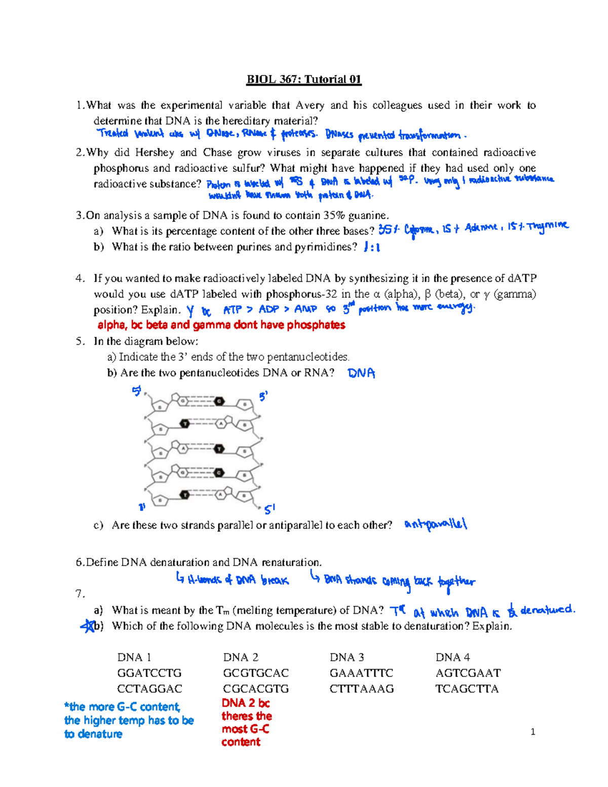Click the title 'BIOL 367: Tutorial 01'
pos(303,79)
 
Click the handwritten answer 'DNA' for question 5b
pos(361,373)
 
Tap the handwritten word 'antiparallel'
pos(436,524)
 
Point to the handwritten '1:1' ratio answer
pos(372,247)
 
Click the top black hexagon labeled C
pos(219,401)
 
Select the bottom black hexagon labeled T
pos(185,495)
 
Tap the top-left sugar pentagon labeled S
pos(161,406)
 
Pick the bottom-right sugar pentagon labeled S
pos(245,500)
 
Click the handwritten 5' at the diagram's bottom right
pos(270,509)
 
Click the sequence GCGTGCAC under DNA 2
pos(255,673)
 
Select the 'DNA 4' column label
pos(452,657)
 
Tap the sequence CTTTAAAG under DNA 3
pos(361,689)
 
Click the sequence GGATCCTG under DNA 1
pos(149,673)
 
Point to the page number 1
pos(533,731)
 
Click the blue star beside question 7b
pos(88,626)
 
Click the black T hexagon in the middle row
pos(219,449)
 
